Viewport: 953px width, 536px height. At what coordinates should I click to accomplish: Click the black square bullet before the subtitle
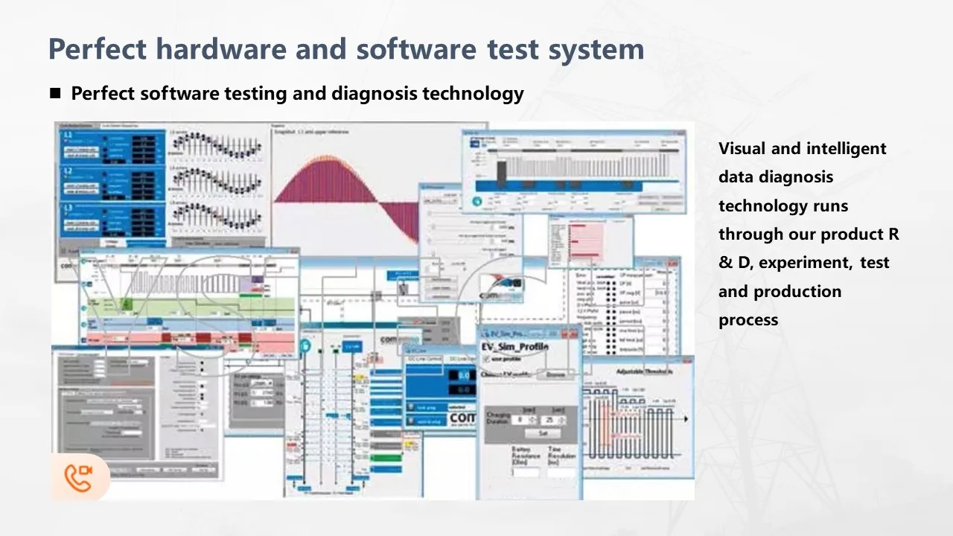point(55,94)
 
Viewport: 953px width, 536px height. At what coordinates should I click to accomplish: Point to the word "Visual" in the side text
point(742,148)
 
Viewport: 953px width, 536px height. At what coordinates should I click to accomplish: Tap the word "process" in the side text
point(748,320)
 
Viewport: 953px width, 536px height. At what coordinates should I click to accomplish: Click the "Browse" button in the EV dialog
point(555,375)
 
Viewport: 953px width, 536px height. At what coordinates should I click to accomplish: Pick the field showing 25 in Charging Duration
point(552,420)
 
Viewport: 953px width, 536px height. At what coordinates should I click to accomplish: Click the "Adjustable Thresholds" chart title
point(643,371)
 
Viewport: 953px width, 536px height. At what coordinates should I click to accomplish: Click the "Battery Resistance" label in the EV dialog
point(521,456)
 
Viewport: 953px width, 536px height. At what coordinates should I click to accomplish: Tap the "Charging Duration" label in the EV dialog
point(498,418)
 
